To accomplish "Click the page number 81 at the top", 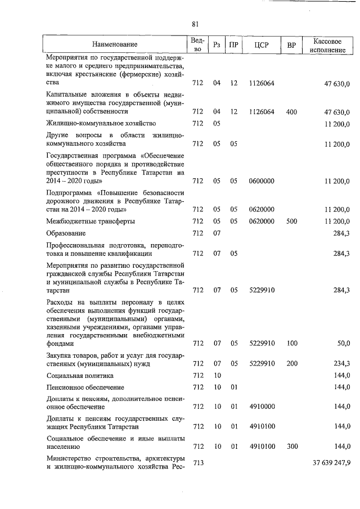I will tap(195, 24).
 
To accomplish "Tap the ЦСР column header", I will tap(260, 44).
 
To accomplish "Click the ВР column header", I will tap(291, 44).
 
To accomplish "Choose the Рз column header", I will tap(217, 44).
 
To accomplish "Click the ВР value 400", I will tap(291, 112).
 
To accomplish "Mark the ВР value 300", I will tap(291, 447).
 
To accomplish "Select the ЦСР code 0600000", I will tap(261, 181).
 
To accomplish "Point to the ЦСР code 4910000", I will tap(261, 406).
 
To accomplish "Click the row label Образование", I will tap(66, 233).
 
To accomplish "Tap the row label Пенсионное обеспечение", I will tap(85, 388).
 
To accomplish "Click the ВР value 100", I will tap(291, 343).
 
